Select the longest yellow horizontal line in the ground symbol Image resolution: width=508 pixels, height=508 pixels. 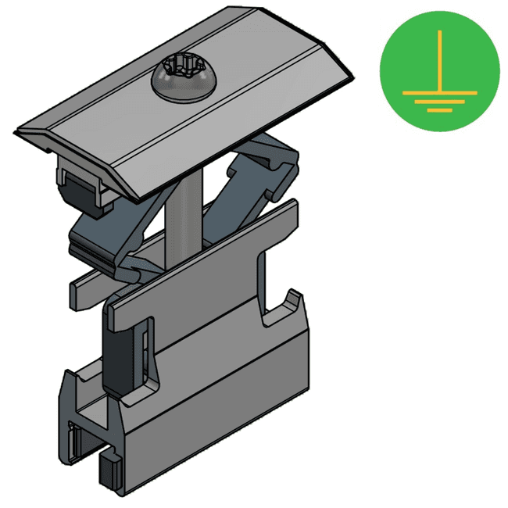(439, 92)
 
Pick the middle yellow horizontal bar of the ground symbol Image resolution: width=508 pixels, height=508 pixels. (439, 102)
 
